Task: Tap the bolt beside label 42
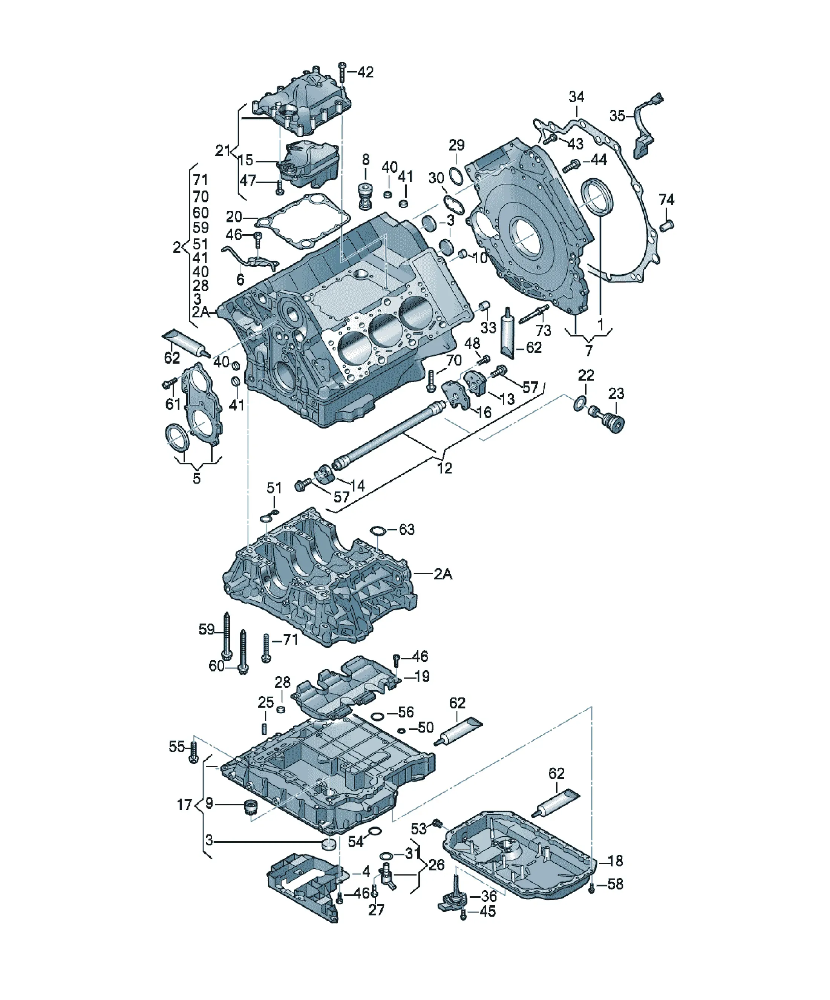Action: [342, 72]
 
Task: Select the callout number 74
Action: [666, 200]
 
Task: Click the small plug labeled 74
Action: [667, 225]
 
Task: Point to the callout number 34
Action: [576, 97]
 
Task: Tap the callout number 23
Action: [616, 393]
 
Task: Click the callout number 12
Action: [444, 468]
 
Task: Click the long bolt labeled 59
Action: [227, 636]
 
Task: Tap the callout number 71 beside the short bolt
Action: [290, 639]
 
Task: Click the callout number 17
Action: [184, 804]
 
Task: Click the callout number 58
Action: [616, 884]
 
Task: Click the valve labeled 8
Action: [364, 195]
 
